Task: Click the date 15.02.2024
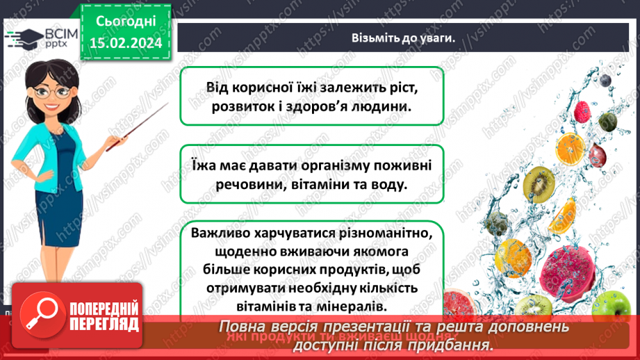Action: coord(124,42)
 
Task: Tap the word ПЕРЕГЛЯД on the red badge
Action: coord(104,324)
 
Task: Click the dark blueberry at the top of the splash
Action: coord(605,81)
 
